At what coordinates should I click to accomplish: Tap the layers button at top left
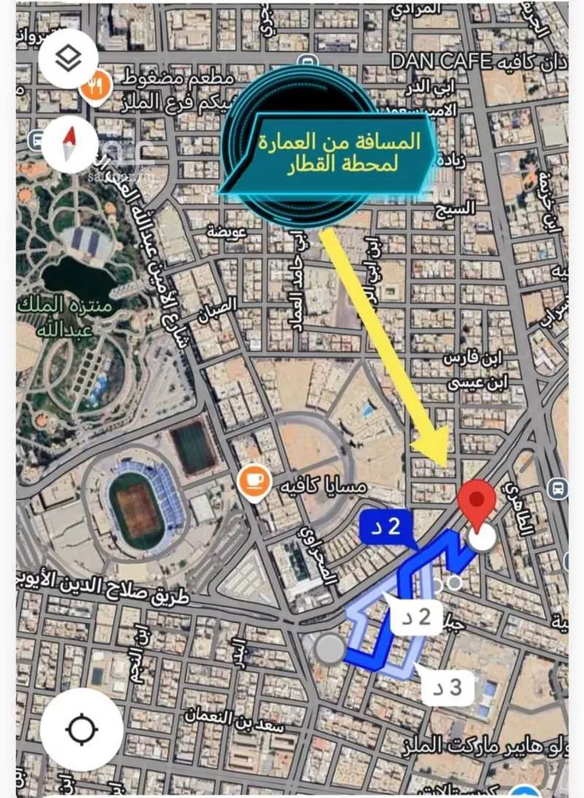69,58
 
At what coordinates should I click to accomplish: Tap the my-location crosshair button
81,730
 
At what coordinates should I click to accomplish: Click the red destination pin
477,502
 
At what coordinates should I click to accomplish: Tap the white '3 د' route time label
448,687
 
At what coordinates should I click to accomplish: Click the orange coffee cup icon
255,478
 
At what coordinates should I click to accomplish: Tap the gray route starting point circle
330,648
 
